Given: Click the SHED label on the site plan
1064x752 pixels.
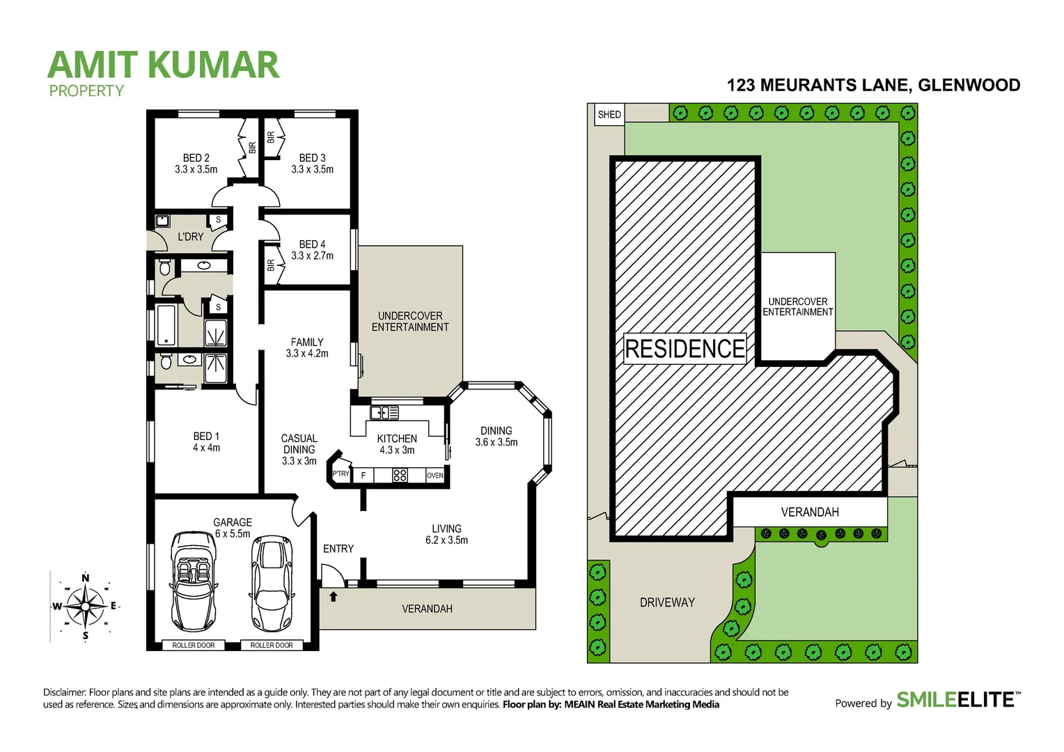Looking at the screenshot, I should pyautogui.click(x=609, y=115).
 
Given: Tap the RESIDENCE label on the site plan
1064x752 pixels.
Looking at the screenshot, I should pyautogui.click(x=685, y=349).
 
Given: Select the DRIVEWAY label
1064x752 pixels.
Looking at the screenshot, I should pyautogui.click(x=667, y=602).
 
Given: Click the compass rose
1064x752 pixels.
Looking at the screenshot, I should pyautogui.click(x=85, y=606).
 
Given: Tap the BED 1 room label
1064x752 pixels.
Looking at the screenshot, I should pyautogui.click(x=206, y=442).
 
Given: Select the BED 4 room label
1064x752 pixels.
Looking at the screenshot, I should pyautogui.click(x=312, y=250).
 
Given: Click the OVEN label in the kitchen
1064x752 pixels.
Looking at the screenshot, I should pyautogui.click(x=435, y=476).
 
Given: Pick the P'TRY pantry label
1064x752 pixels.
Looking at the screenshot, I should pyautogui.click(x=341, y=474).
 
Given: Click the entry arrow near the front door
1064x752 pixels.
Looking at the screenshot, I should pyautogui.click(x=334, y=597).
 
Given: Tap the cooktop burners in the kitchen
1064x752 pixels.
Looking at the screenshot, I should pyautogui.click(x=400, y=476).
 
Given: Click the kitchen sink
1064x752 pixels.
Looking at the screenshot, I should pyautogui.click(x=384, y=413).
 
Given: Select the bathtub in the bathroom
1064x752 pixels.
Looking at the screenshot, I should pyautogui.click(x=166, y=324).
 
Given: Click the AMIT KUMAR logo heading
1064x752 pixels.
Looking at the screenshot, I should pyautogui.click(x=164, y=65).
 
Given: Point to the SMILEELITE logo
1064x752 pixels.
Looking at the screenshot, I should pyautogui.click(x=955, y=700).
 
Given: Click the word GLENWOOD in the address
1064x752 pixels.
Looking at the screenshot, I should pyautogui.click(x=969, y=85).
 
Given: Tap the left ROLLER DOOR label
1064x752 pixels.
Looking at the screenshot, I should pyautogui.click(x=194, y=645).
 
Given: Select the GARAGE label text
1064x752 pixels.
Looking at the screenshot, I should pyautogui.click(x=233, y=522).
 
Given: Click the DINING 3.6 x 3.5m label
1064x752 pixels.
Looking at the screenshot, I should pyautogui.click(x=496, y=437).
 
